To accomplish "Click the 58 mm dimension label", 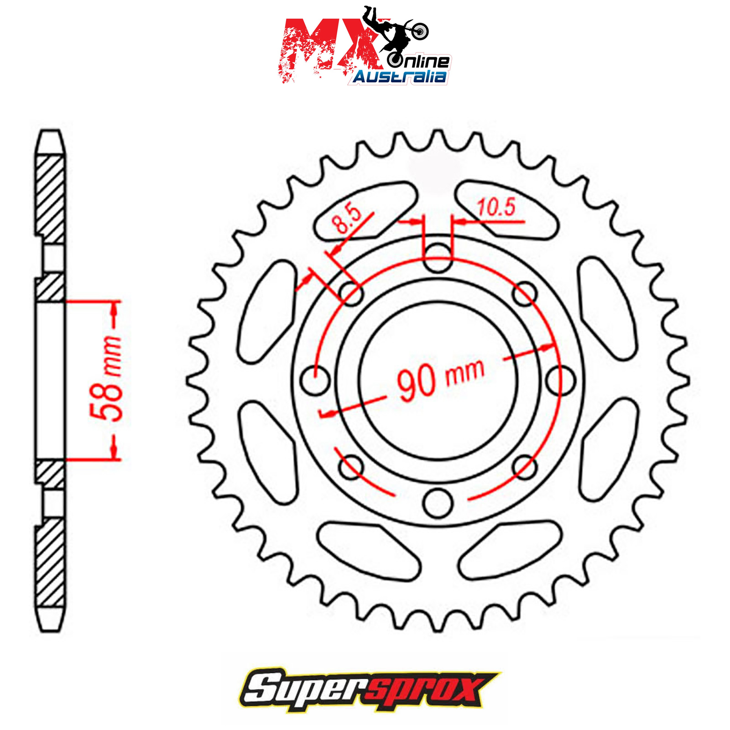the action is coord(107,379).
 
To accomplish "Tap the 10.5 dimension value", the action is coord(496,208).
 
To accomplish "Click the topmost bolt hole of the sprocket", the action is coord(438,258).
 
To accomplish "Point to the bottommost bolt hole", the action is coord(438,502).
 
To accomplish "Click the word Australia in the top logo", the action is coord(400,77).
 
